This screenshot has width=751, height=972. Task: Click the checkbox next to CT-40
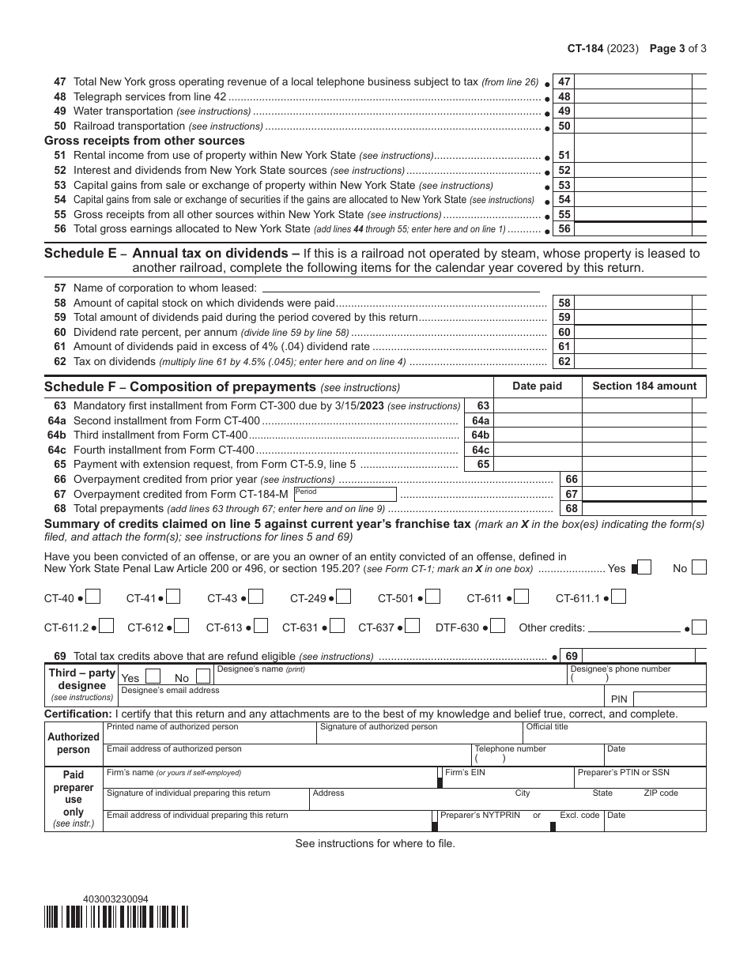93,597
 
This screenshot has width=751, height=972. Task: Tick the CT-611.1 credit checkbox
619,597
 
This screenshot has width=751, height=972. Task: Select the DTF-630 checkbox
498,627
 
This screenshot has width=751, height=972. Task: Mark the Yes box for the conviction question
644,567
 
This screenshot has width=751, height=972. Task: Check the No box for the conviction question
699,567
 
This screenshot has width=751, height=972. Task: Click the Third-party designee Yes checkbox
154,676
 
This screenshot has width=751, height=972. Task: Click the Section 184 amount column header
644,386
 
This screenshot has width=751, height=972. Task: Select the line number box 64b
481,435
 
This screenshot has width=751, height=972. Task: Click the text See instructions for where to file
375,843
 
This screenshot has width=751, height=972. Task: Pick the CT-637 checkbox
412,627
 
